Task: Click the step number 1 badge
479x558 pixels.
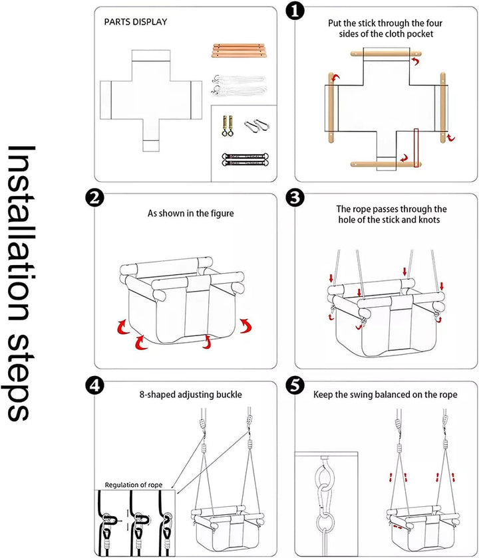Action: point(295,11)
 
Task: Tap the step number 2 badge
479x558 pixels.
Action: point(94,198)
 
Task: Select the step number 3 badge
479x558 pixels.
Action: point(295,198)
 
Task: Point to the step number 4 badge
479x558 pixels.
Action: point(94,386)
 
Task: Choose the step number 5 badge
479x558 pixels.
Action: point(295,386)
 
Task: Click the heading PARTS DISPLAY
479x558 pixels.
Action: point(136,22)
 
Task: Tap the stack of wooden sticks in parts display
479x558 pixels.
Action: point(239,50)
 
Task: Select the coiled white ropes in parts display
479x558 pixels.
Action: point(239,86)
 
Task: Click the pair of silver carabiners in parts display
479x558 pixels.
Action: point(257,125)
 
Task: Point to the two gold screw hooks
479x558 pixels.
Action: point(227,126)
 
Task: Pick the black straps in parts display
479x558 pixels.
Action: point(245,159)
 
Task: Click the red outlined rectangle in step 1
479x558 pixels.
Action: point(416,147)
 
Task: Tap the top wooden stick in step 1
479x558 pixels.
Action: point(386,54)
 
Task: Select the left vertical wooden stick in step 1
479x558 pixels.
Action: point(331,108)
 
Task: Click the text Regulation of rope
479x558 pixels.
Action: point(133,485)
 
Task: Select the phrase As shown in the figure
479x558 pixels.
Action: point(191,213)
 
